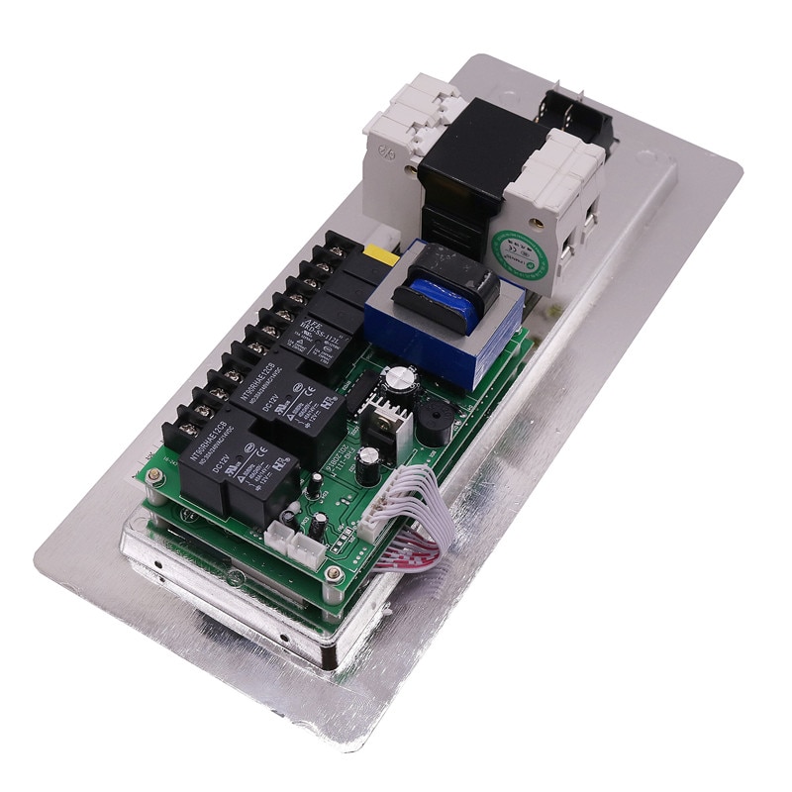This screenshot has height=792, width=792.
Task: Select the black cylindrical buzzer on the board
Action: pyautogui.click(x=432, y=422)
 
